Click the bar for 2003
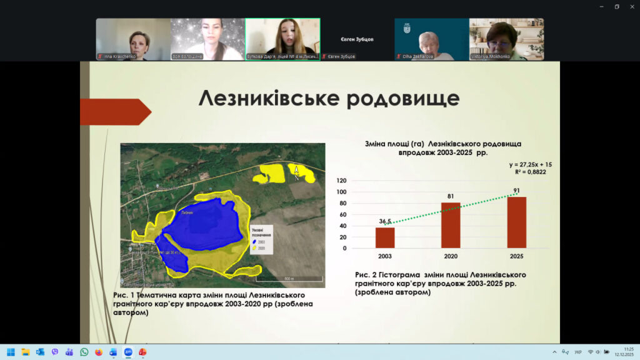point(385,237)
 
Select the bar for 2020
point(451,225)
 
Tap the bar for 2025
point(516,222)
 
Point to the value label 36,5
point(385,221)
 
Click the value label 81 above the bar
point(451,196)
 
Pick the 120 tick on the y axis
point(341,181)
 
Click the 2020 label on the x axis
point(451,256)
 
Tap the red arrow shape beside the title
point(115,112)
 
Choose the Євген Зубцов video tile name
point(357,39)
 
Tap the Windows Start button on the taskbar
point(11,352)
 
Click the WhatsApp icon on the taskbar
point(84,352)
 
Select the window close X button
point(631,7)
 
